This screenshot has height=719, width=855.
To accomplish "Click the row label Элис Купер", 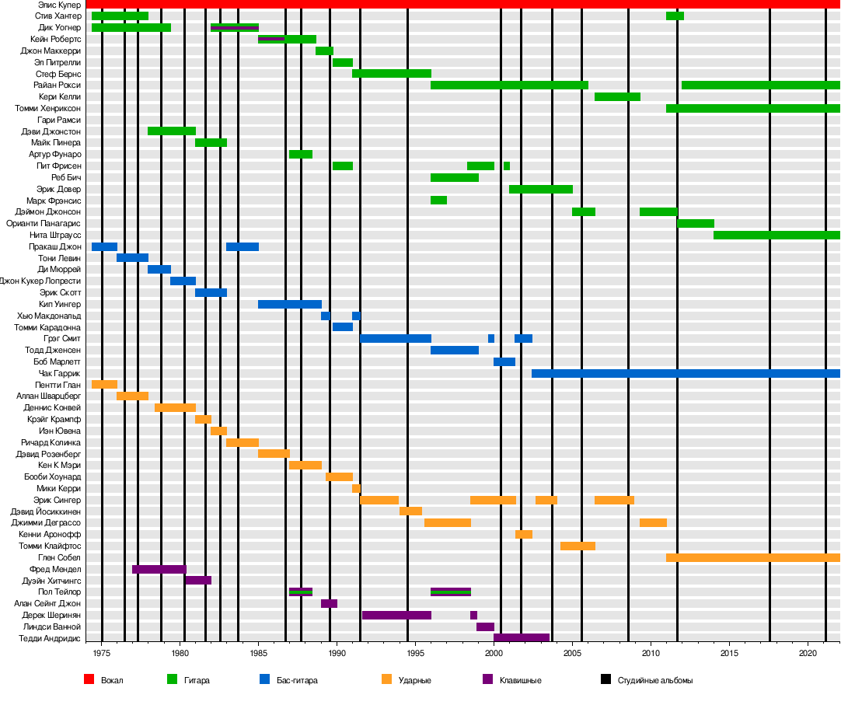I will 59,5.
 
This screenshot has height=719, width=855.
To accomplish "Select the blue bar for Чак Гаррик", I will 684,374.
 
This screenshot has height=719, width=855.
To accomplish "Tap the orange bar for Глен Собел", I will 752,558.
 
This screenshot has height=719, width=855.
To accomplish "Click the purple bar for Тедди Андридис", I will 521,638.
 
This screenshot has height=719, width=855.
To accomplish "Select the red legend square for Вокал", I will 89,680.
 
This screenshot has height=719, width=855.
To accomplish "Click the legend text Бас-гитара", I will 296,681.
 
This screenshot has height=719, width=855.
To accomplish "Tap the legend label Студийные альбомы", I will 654,681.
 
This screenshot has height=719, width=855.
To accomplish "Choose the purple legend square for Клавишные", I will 487,680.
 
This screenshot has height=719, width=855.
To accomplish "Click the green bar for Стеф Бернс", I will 391,74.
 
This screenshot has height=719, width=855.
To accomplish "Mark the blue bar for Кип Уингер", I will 289,305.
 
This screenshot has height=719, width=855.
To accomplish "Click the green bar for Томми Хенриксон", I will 752,109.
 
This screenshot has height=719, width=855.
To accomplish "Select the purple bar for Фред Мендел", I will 159,570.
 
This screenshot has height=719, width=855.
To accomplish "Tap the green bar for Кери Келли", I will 617,97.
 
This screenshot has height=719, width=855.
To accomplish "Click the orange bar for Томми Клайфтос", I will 578,546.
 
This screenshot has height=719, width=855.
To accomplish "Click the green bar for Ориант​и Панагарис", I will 695,224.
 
